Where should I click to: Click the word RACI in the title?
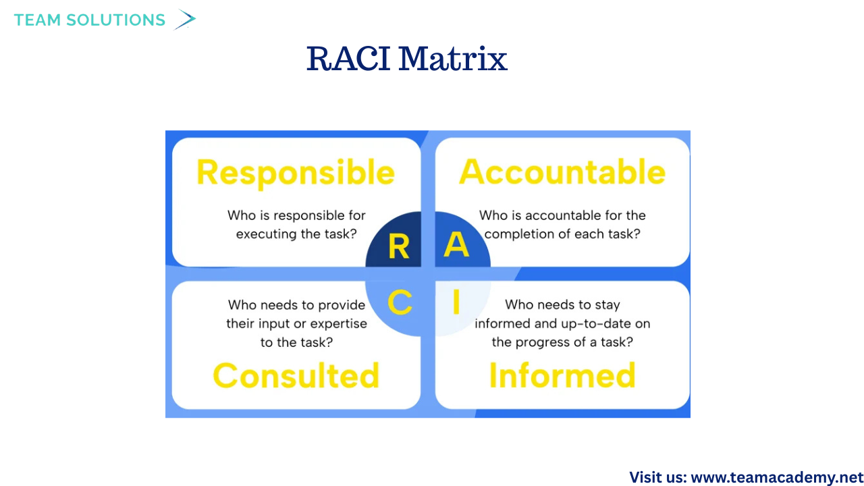(348, 59)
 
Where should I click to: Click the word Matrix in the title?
(453, 59)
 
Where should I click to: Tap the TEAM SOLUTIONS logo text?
(90, 20)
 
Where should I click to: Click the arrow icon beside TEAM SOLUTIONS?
(185, 20)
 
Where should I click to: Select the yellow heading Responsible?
(296, 173)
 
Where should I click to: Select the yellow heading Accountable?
(562, 171)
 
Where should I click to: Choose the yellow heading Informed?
(562, 375)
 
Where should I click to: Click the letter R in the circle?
(399, 246)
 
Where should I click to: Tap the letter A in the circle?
(456, 244)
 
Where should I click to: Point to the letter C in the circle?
(400, 302)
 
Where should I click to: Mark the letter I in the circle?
(456, 302)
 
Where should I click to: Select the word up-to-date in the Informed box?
(598, 323)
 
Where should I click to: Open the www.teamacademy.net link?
(777, 477)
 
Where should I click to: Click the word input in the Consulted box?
(274, 324)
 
